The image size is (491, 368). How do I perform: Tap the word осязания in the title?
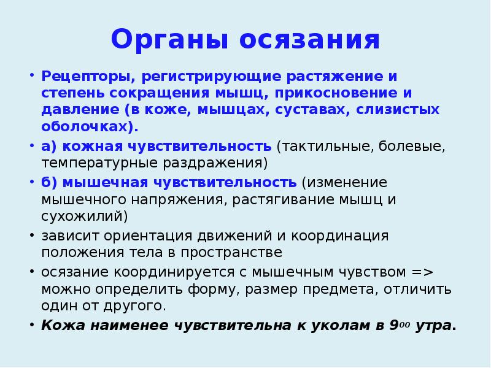[310, 40]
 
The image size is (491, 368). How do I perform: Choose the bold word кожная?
[91, 147]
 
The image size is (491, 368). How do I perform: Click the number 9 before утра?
[393, 326]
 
